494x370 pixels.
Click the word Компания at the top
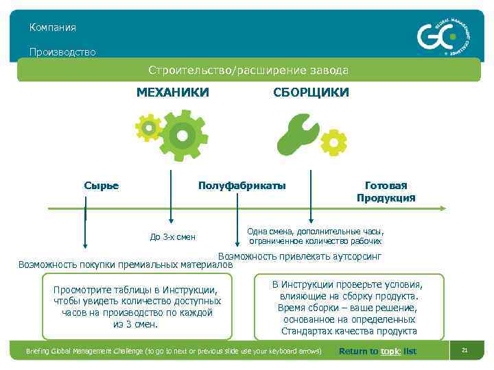(53, 27)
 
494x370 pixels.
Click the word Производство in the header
(62, 51)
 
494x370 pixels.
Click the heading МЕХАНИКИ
(172, 92)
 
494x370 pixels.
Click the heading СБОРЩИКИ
(311, 92)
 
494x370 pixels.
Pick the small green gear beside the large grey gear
(148, 127)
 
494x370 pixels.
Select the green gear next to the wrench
(334, 142)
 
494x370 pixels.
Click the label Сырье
(102, 186)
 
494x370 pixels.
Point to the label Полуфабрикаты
(242, 186)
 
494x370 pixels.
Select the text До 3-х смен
(173, 237)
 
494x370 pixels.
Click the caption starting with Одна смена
(316, 236)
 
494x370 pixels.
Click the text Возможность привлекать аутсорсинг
(299, 256)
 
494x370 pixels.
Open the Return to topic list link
(377, 351)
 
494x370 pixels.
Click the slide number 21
(464, 350)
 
